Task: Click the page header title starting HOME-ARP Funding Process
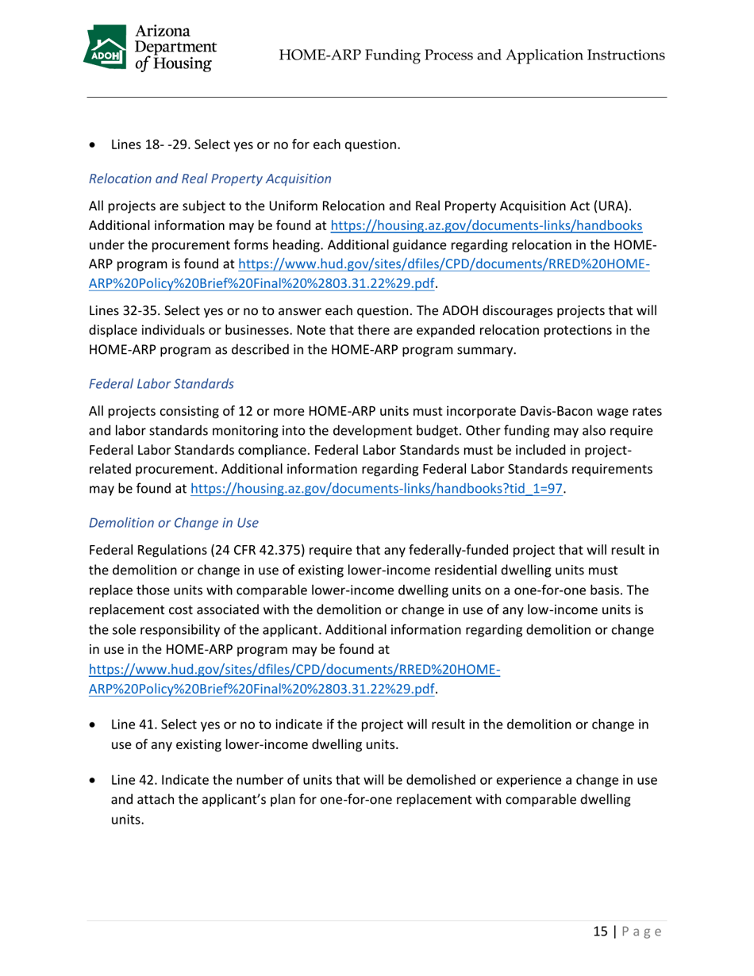pos(472,55)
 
